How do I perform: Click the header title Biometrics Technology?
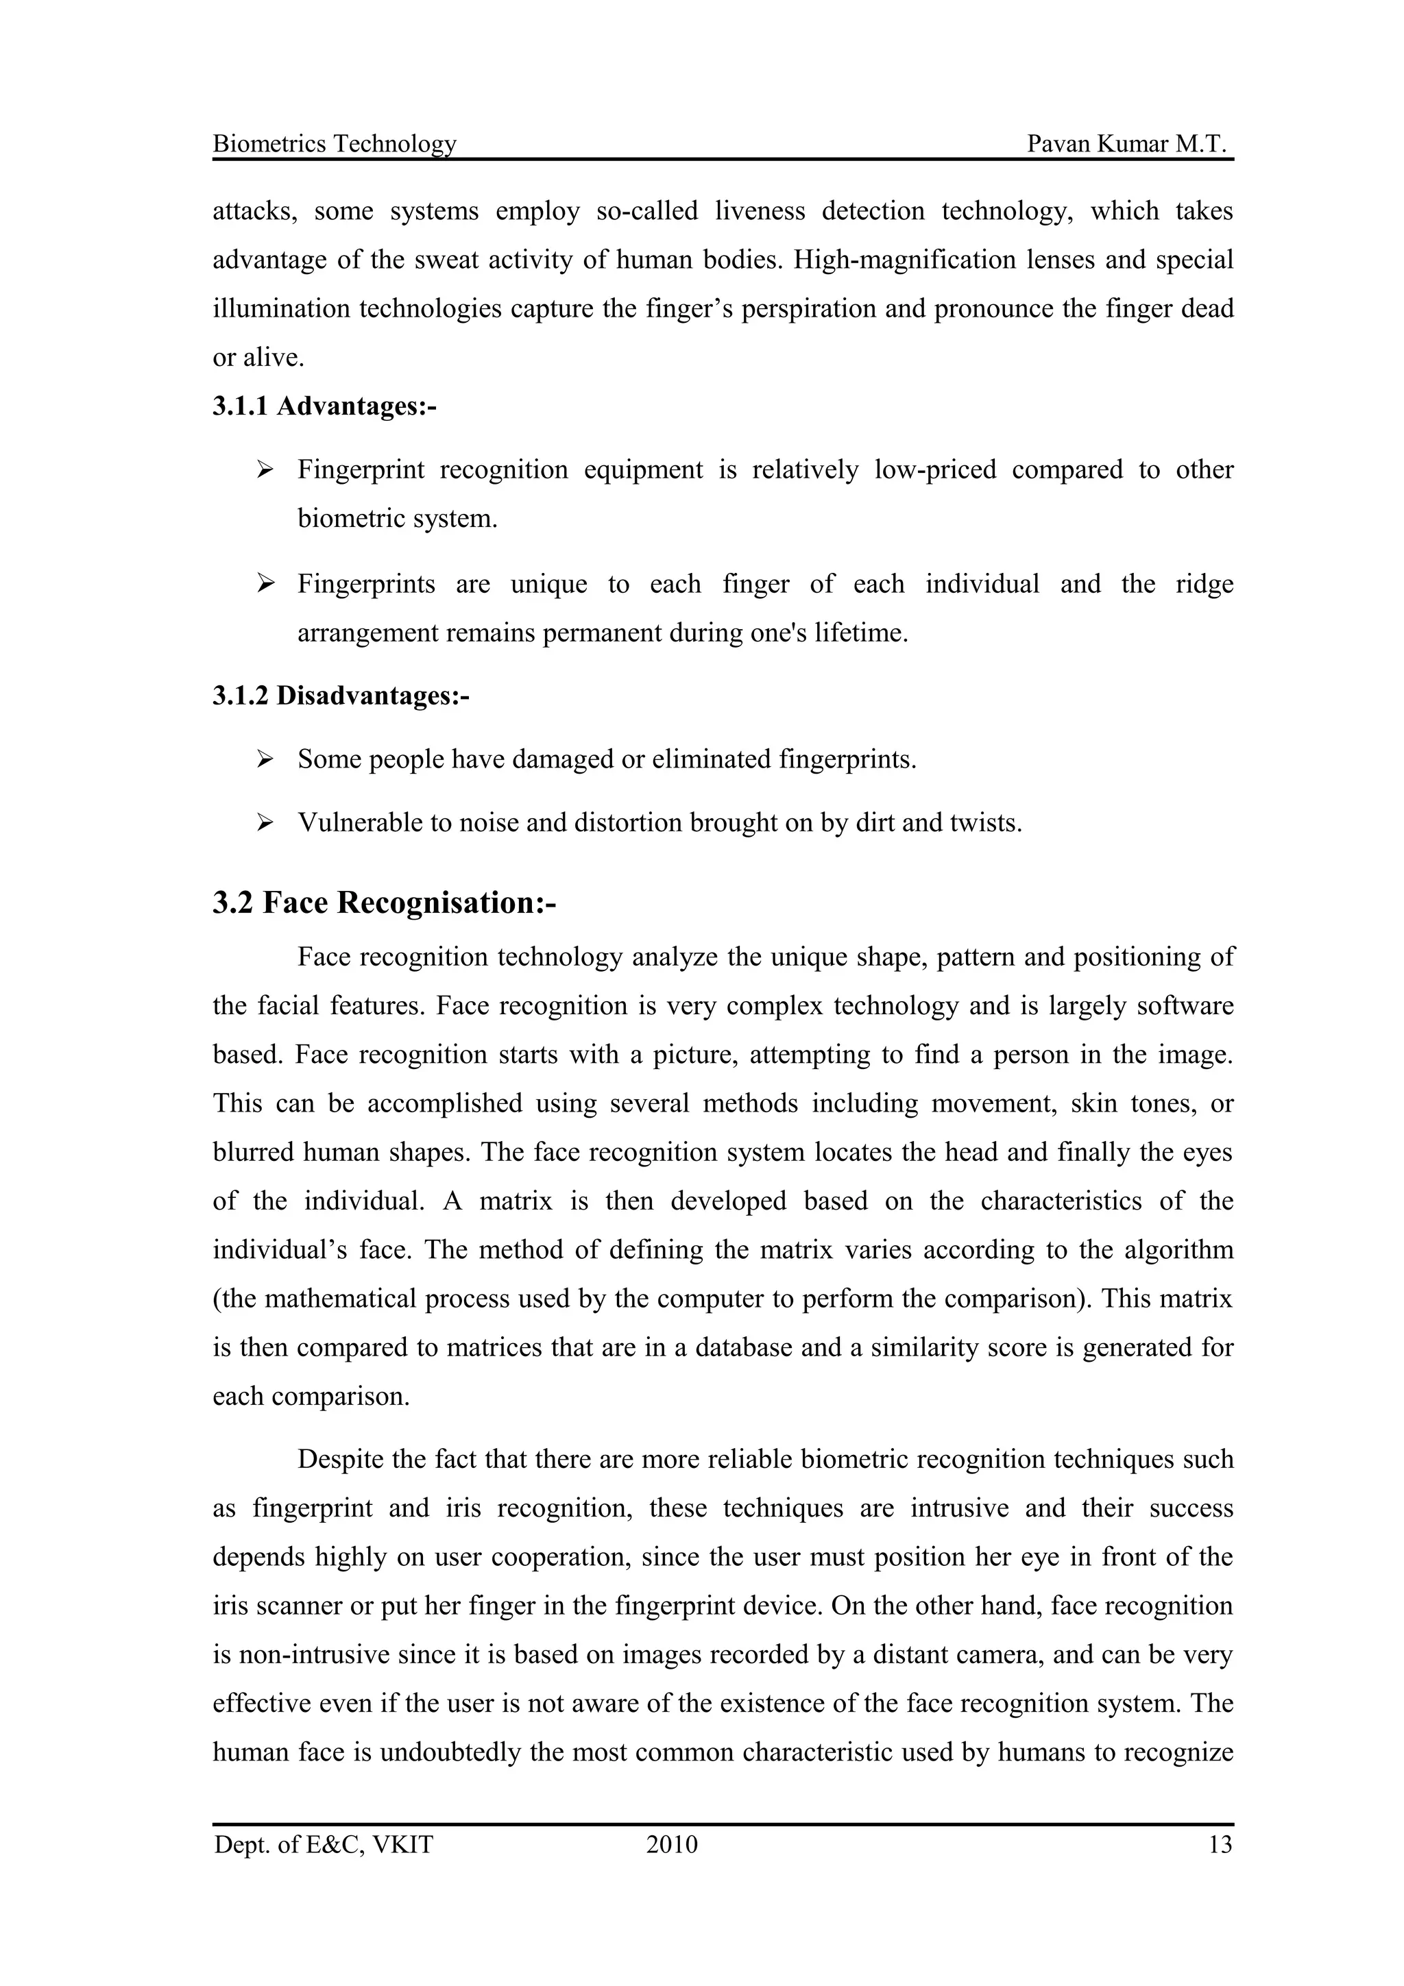pyautogui.click(x=334, y=144)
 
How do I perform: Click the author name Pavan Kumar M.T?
pyautogui.click(x=1127, y=144)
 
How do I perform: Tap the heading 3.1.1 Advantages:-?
pyautogui.click(x=324, y=406)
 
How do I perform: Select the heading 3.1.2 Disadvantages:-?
pyautogui.click(x=341, y=696)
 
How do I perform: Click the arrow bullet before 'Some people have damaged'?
pyautogui.click(x=265, y=759)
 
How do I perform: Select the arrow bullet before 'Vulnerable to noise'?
pyautogui.click(x=265, y=822)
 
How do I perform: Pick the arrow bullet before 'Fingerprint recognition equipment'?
pyautogui.click(x=265, y=469)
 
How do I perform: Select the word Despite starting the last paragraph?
pyautogui.click(x=340, y=1459)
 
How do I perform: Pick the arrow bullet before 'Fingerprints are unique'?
pyautogui.click(x=265, y=584)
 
